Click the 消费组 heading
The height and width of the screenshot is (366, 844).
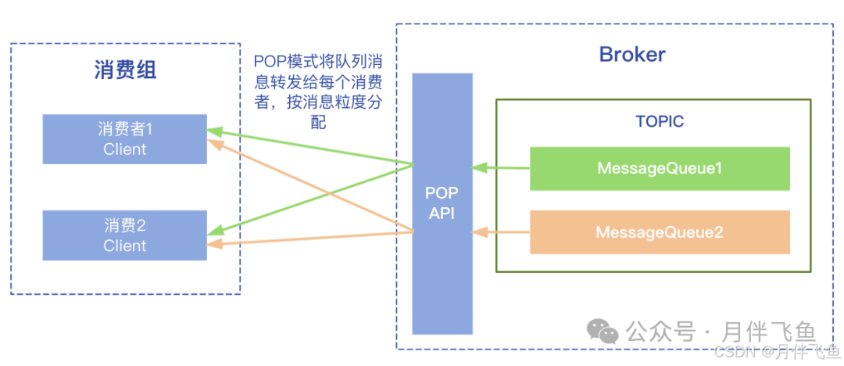coord(125,70)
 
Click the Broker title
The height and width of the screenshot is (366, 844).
coord(631,54)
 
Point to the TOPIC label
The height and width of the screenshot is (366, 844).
coord(659,122)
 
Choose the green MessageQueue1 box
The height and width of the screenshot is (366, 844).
coord(659,168)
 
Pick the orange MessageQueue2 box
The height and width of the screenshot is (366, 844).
coord(659,232)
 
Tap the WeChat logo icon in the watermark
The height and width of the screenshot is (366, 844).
coord(603,332)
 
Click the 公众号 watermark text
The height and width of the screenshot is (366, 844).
coord(660,332)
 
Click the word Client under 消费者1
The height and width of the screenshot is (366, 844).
coord(124,149)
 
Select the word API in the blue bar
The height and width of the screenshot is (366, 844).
coord(442,213)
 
